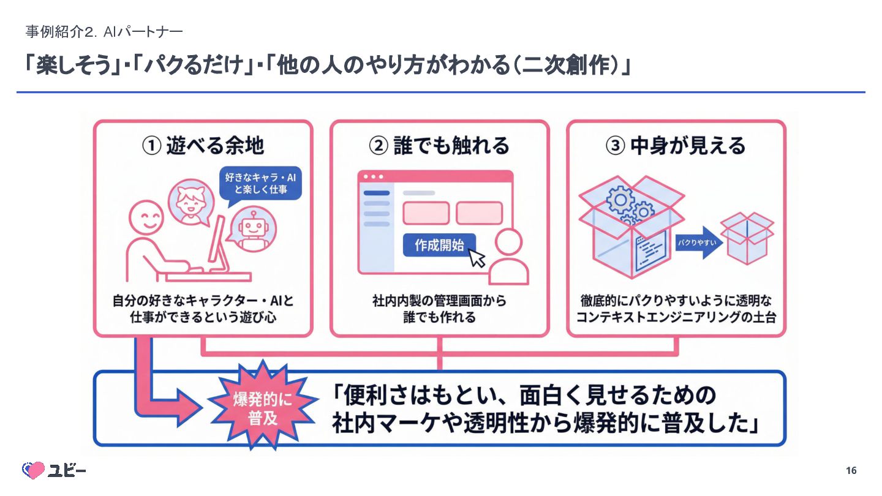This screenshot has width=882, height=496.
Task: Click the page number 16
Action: [x=851, y=470]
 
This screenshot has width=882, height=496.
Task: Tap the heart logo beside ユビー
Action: [x=34, y=470]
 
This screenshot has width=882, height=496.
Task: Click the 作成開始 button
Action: [x=439, y=246]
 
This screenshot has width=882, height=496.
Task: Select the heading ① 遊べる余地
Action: [x=203, y=146]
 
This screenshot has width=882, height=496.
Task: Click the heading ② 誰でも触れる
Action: [x=439, y=146]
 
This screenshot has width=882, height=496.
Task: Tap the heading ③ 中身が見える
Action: [x=676, y=146]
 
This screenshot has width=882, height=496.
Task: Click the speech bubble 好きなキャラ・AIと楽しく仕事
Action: [x=261, y=184]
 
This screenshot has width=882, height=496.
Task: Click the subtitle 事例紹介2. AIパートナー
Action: [x=104, y=31]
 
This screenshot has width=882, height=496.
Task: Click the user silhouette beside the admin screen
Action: [x=509, y=257]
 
